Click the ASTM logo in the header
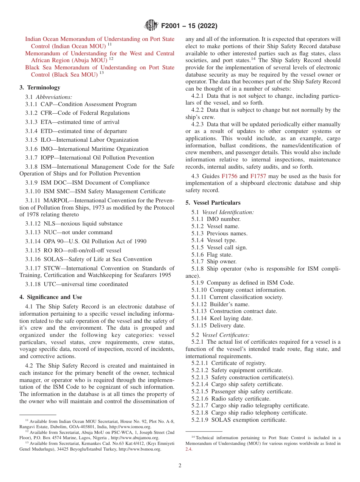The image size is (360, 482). point(151,25)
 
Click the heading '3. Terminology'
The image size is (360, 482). point(39,88)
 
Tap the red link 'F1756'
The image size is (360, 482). point(229,176)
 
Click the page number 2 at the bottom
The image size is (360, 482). point(180,465)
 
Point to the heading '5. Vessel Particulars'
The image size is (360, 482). point(213,203)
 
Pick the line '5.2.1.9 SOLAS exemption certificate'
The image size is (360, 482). point(239,420)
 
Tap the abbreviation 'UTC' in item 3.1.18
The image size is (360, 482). point(50,284)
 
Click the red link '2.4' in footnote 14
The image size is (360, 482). point(189,449)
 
